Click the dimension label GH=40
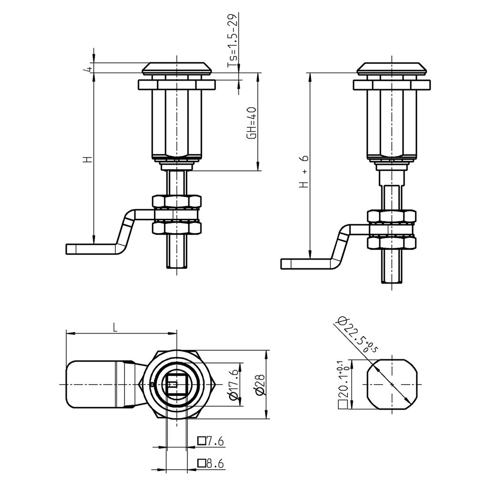click(x=252, y=123)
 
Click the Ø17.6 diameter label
click(x=233, y=385)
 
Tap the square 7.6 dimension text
click(x=211, y=442)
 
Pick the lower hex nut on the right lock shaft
click(x=392, y=242)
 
